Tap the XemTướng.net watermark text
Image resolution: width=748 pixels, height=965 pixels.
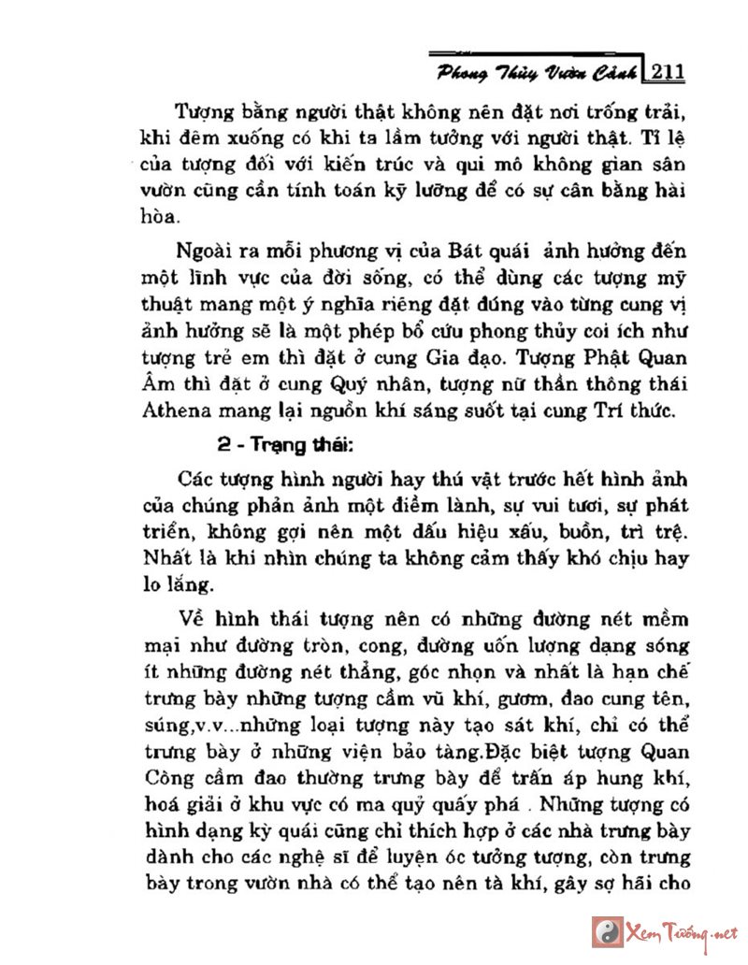[688, 932]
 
